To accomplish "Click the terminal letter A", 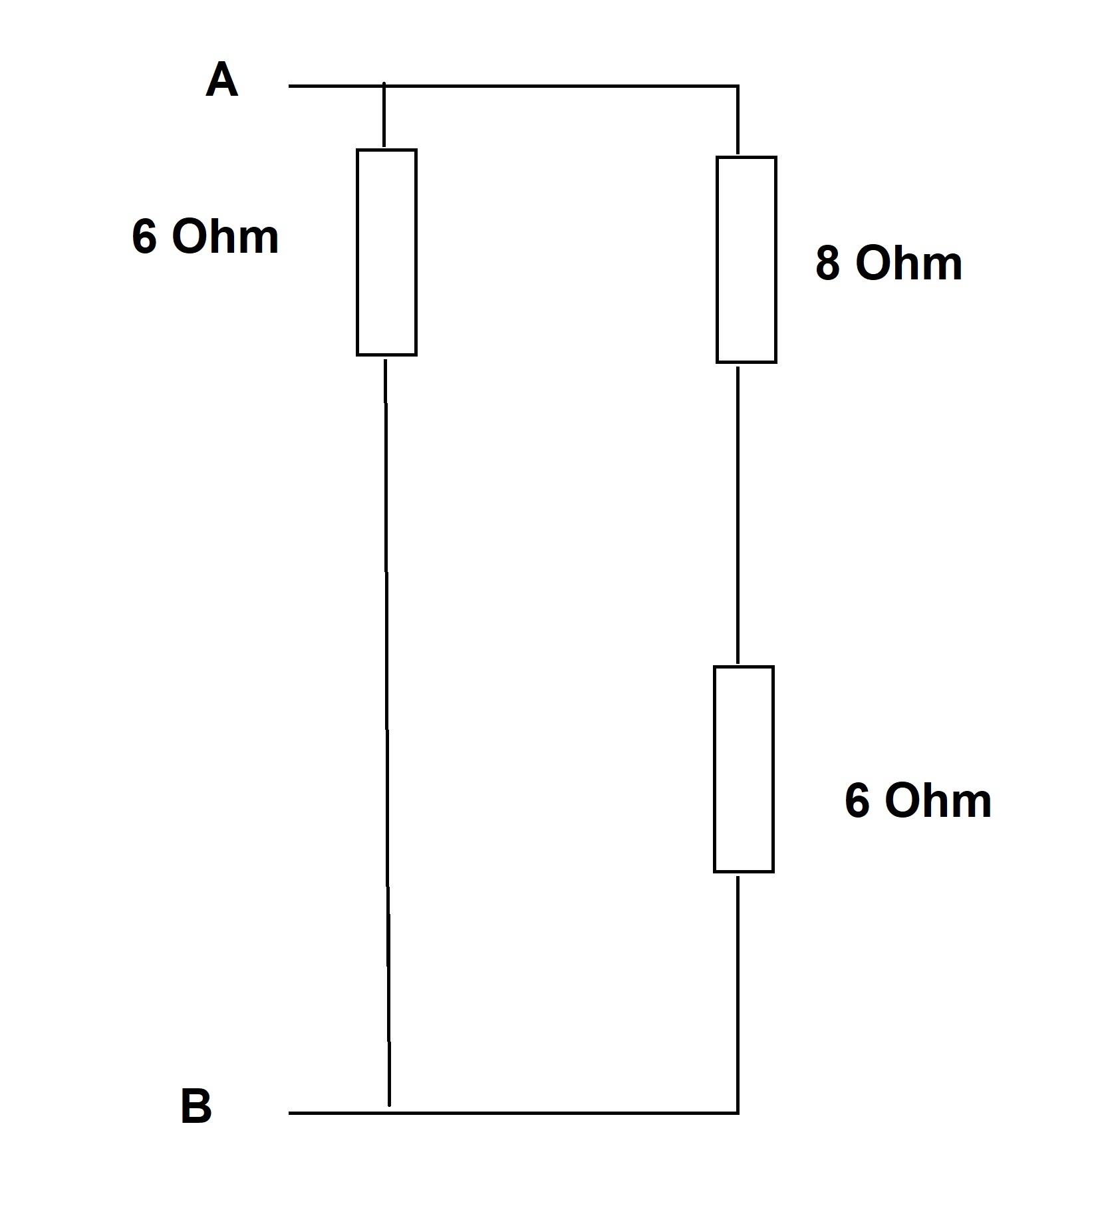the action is click(222, 80).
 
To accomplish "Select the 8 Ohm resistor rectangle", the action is click(746, 259).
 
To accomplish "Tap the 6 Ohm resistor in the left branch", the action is click(386, 252).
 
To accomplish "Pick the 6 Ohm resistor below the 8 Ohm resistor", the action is click(744, 768).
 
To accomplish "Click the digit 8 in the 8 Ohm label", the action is click(827, 263).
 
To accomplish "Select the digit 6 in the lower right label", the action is click(857, 800).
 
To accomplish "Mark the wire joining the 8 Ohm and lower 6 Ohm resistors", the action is click(738, 514).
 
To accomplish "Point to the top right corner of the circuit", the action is click(738, 86).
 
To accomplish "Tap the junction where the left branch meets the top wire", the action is click(384, 86).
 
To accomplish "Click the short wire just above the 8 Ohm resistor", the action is click(738, 122).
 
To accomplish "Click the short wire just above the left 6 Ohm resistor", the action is click(384, 116).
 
